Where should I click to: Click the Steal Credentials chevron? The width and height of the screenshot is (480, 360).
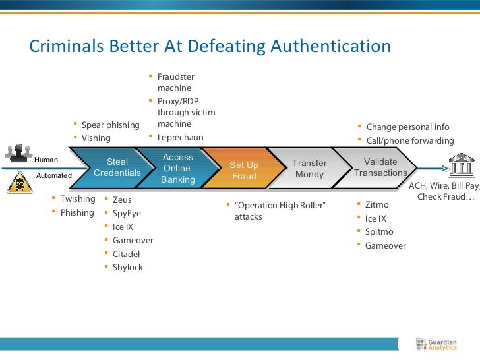pos(117,167)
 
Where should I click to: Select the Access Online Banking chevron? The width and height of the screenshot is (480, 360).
pos(177,168)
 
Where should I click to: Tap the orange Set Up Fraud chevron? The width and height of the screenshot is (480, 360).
pos(243,170)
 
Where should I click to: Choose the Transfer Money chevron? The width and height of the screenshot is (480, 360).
pos(309,169)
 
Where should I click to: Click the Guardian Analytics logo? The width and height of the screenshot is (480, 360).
pos(436,344)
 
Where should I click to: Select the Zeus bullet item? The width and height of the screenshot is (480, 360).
pos(122,199)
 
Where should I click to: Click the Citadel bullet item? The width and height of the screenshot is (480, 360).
pos(126,254)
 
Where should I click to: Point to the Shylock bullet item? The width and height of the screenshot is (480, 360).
pos(127,268)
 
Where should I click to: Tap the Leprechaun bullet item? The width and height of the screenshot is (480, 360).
pos(180,138)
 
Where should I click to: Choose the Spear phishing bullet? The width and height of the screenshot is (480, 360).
pos(110,125)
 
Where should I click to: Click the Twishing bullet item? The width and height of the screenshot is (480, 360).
pos(78,199)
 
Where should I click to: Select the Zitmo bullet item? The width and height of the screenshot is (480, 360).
pos(377,205)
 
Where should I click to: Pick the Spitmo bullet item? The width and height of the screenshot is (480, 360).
pos(379,232)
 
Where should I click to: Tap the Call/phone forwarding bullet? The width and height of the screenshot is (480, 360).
pos(409,141)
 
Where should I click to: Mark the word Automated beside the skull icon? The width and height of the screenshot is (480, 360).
pos(53,176)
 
